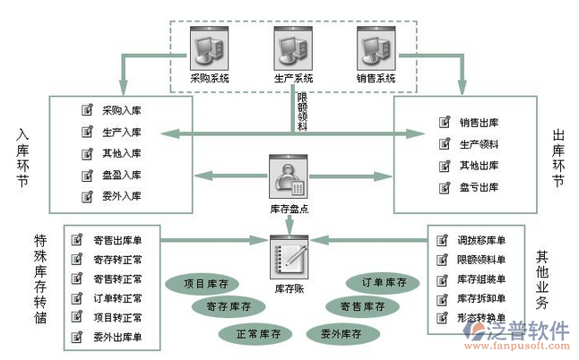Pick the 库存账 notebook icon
(x=289, y=256)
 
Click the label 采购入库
(x=121, y=110)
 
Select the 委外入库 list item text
(x=121, y=196)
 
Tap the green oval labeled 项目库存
(x=206, y=284)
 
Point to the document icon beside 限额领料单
(x=440, y=260)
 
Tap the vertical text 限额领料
(x=302, y=111)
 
